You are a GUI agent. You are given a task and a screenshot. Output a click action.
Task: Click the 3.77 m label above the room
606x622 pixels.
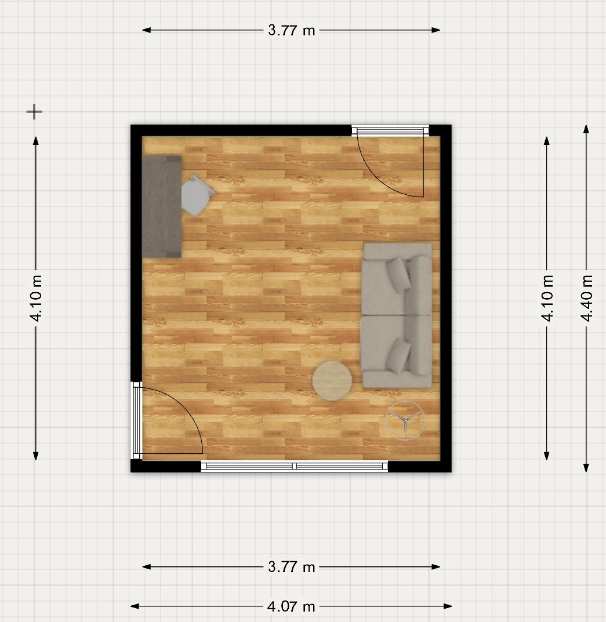click(291, 30)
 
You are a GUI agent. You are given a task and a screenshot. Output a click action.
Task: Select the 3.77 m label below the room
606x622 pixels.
click(291, 567)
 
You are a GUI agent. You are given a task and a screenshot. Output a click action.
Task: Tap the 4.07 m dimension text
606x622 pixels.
click(291, 606)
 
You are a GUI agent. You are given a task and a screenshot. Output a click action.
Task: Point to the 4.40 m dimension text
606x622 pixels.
click(586, 298)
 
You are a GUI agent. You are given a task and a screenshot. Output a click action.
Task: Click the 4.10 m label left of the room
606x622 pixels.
click(36, 298)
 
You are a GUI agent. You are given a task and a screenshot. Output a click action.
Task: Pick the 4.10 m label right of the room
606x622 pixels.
click(547, 298)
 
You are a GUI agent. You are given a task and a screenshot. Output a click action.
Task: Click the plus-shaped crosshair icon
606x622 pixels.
click(34, 112)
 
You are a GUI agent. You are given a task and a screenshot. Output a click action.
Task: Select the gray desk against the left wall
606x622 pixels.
click(162, 207)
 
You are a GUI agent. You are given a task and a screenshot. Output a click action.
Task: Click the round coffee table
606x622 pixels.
click(332, 381)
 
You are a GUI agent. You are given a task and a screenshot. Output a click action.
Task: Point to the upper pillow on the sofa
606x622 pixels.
click(398, 275)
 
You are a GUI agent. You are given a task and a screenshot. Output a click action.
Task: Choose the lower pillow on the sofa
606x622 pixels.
click(398, 356)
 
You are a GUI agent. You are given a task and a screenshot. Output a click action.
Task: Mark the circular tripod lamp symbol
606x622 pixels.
click(405, 420)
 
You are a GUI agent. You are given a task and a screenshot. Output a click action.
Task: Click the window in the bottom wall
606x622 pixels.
click(294, 466)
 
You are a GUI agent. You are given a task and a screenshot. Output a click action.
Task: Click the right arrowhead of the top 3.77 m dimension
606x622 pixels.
click(436, 30)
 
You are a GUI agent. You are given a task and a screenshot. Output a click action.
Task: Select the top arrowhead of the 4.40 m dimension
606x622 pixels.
click(586, 129)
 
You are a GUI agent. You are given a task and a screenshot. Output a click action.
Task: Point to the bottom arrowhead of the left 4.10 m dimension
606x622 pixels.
click(36, 456)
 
